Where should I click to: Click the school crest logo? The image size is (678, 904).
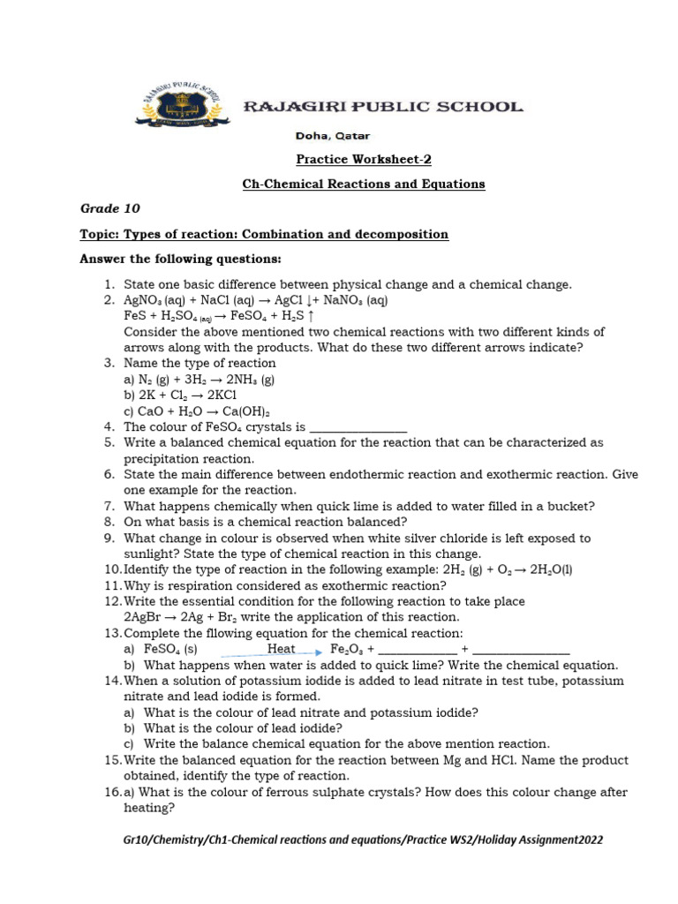(181, 107)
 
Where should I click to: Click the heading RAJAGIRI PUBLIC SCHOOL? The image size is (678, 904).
(382, 107)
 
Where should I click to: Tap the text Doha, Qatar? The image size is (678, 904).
(332, 136)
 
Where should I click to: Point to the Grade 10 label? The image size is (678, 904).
(110, 209)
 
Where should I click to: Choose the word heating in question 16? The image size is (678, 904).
(148, 808)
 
